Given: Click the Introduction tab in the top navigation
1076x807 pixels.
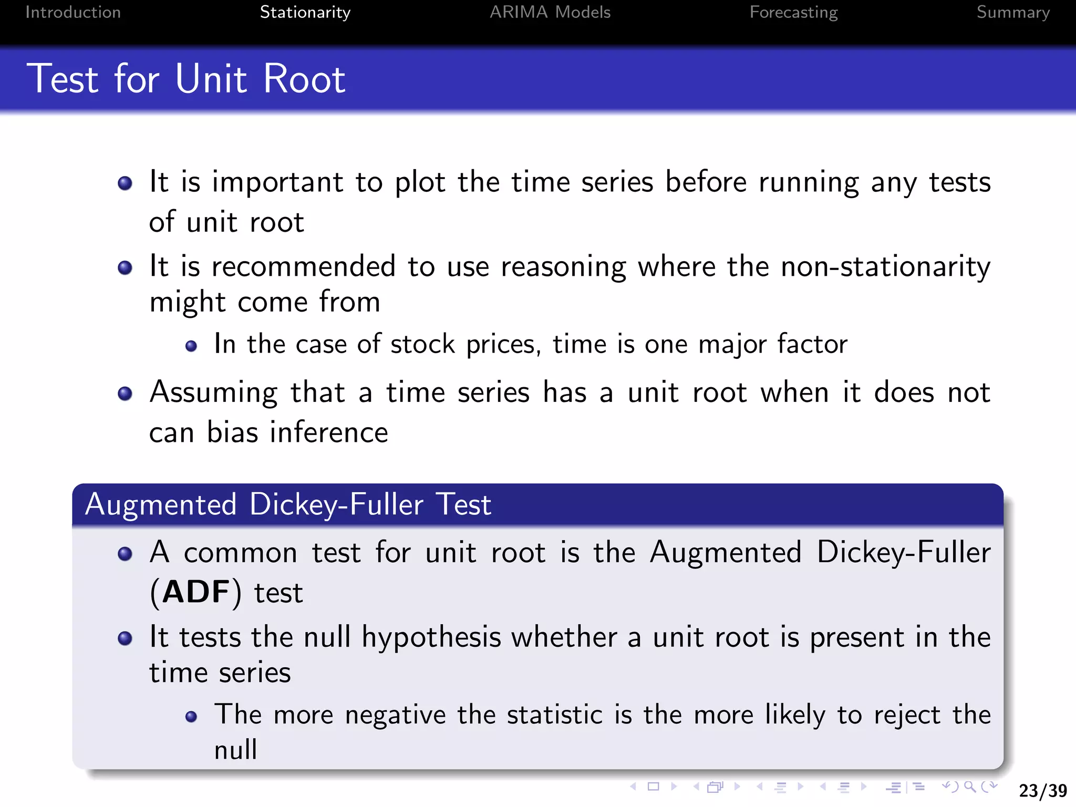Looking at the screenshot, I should [x=73, y=12].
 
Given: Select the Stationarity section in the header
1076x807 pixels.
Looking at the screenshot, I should [x=305, y=12].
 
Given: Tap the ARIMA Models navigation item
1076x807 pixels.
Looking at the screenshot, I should [x=550, y=12].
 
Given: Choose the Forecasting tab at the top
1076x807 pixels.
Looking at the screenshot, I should [x=793, y=12].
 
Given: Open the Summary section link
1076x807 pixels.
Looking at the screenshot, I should [x=1013, y=12].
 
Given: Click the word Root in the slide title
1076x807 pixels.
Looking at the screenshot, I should [x=304, y=79].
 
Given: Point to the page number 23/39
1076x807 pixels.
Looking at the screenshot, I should [x=1043, y=790].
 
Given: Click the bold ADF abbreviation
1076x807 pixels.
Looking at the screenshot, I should [x=196, y=592].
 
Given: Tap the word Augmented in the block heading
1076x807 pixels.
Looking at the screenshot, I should [x=161, y=504].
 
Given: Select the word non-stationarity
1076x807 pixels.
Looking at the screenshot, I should [x=885, y=266].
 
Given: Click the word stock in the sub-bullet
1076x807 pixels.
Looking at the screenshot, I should [x=422, y=345].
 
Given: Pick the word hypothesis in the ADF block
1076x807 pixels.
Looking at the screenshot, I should [x=431, y=637].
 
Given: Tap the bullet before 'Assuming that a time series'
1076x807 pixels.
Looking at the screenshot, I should [x=125, y=394].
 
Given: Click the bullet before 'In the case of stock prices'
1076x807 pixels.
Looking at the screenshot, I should [x=191, y=346].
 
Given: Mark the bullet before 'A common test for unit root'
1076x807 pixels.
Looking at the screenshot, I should [x=125, y=554].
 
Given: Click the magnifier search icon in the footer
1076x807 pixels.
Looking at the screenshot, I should [x=970, y=787].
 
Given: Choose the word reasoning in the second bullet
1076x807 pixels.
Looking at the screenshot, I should [x=563, y=266].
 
